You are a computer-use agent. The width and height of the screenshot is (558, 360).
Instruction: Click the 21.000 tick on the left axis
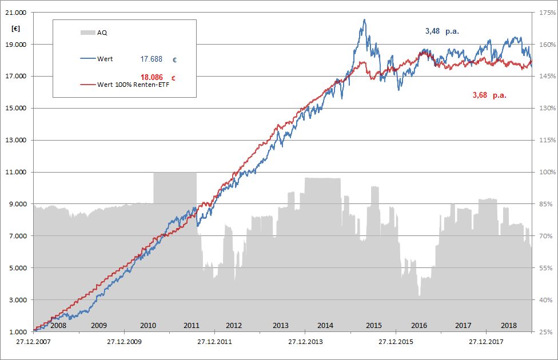coord(15,13)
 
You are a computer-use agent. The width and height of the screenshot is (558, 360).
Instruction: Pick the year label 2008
coord(58,326)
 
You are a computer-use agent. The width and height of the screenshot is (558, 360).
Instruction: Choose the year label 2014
coord(325,326)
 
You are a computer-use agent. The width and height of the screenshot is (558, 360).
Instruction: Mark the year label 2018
coord(508,326)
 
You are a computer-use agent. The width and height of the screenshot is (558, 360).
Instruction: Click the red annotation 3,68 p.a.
coord(489,95)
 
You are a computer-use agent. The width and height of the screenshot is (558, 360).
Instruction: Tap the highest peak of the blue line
coord(364,19)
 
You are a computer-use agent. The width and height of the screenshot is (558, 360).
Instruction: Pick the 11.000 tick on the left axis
coord(15,172)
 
